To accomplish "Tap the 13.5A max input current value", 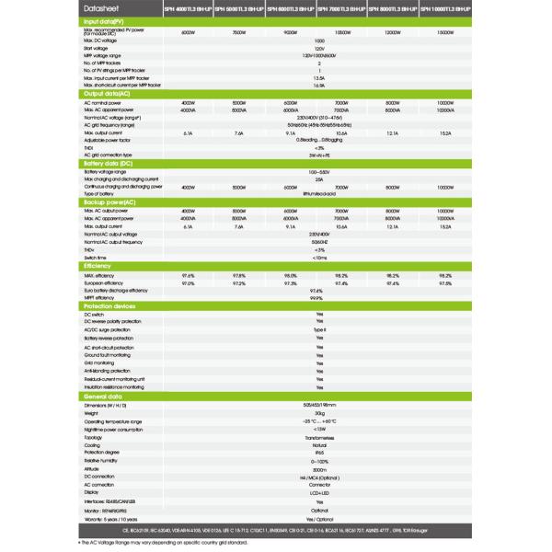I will [x=319, y=78].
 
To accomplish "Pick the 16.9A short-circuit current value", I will [x=319, y=86].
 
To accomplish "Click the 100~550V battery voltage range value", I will [x=319, y=172].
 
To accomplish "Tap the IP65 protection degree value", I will [x=319, y=454].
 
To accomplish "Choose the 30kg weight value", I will [x=319, y=413].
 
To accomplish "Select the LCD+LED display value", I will [x=319, y=493].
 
